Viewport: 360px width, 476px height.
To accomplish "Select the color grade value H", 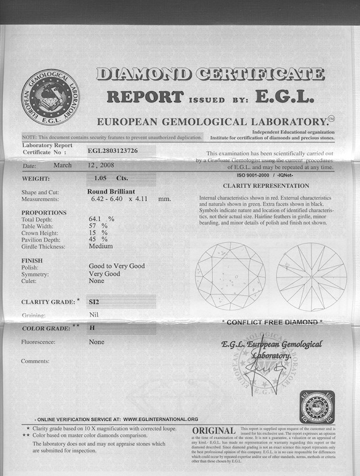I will [92, 328].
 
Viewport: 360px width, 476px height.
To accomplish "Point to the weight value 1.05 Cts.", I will [106, 178].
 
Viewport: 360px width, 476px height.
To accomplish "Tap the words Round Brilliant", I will [112, 192].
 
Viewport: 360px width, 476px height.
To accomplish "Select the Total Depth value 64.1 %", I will [102, 219].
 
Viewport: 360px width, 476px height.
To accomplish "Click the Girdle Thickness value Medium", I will [100, 246].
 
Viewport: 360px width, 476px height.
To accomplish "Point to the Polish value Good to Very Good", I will [117, 266].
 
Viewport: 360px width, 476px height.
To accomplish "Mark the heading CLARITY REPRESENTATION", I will [266, 186].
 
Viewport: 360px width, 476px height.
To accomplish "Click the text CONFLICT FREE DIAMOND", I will [272, 322].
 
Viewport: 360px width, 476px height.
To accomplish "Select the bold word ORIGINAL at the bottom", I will [213, 431].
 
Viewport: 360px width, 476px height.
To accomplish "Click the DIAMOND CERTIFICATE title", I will [210, 74].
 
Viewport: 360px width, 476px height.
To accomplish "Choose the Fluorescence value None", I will [96, 342].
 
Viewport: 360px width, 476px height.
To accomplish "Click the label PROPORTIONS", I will [44, 212].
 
